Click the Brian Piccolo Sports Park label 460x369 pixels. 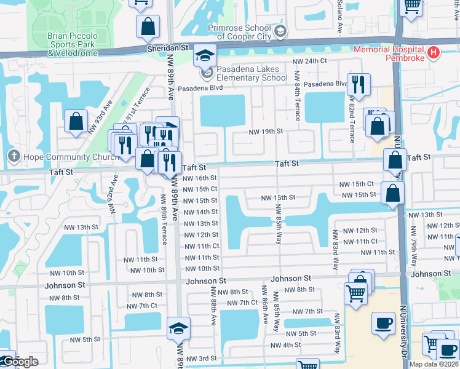72,44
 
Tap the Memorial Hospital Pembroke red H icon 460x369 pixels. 434,53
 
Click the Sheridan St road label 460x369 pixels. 167,47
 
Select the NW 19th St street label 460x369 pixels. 265,132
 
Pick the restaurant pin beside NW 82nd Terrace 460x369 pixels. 357,84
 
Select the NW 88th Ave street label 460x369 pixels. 213,306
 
